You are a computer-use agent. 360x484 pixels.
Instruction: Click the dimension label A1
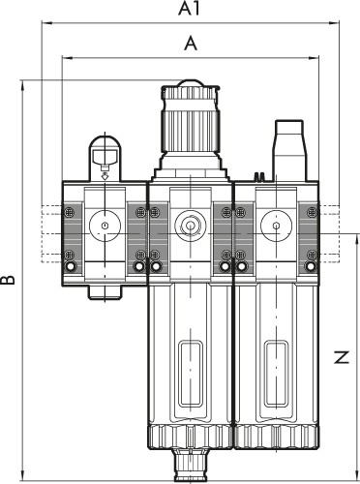pos(190,9)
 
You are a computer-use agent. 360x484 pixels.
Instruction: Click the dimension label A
pos(191,44)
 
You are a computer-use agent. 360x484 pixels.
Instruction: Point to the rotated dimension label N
pos(342,357)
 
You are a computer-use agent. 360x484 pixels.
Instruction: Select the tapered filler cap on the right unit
pos(289,150)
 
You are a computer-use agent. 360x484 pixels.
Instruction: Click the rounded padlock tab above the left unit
pos(105,158)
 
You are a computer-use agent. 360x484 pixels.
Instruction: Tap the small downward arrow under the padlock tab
pos(105,176)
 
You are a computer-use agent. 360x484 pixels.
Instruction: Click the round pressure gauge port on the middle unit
pos(191,225)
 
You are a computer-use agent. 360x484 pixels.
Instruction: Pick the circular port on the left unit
pos(105,226)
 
